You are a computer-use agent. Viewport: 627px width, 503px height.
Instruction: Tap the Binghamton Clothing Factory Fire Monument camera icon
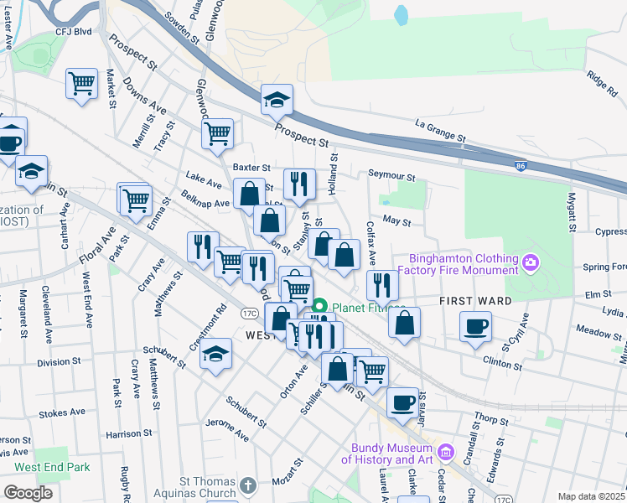pos(530,264)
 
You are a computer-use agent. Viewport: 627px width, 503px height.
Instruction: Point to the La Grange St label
pos(439,131)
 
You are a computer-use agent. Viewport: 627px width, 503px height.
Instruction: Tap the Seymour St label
pos(391,177)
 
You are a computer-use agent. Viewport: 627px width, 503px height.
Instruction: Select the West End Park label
pos(51,466)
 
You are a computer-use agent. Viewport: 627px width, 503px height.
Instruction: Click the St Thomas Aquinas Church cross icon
pos(247,485)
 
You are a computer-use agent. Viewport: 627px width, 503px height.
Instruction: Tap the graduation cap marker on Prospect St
pos(277,100)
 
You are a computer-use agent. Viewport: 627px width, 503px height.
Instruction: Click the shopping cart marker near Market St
pos(82,83)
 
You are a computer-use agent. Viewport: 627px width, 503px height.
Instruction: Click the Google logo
pos(28,492)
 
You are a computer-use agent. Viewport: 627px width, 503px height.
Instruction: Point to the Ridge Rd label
pos(602,80)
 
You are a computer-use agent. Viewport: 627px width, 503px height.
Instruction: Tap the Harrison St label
pos(127,434)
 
